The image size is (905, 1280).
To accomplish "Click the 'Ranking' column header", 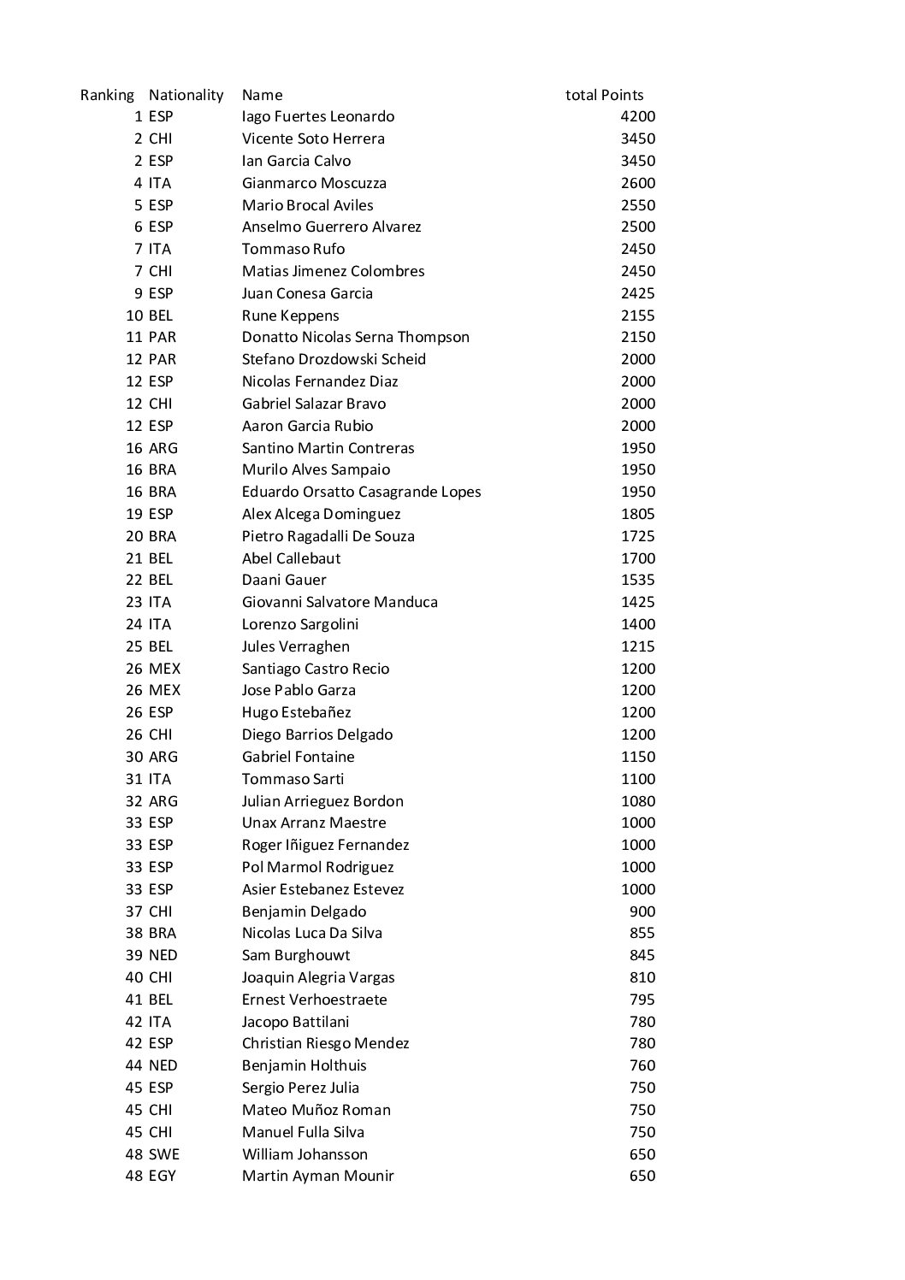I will point(107,95).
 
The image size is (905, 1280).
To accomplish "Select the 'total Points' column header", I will point(604,95).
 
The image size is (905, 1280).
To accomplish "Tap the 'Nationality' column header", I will point(186,95).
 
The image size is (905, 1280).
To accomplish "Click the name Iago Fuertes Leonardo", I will point(318,116).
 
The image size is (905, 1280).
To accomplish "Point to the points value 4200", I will point(637,116).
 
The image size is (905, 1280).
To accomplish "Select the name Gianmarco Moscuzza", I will point(314,183).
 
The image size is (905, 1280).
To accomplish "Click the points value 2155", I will point(637,316).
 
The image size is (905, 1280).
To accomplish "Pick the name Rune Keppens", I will point(290,316).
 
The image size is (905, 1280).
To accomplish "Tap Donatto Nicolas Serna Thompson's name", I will point(355,337).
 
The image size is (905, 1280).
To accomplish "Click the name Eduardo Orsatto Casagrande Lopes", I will point(361,492).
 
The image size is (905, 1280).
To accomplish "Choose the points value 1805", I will point(637,514).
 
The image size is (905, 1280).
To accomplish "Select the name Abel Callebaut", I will point(291,558).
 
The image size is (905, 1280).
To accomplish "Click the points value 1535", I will point(637,580).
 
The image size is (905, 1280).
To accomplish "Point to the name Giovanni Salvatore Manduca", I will point(340,602).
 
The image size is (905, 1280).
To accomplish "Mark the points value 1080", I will point(637,801).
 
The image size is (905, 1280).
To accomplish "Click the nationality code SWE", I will point(164,1154).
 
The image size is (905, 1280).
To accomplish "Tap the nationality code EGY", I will point(162,1176).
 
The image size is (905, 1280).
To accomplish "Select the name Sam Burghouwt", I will point(296,955).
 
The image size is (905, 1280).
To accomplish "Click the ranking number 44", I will point(134,1065).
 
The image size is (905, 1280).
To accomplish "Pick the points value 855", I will point(642,933).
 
